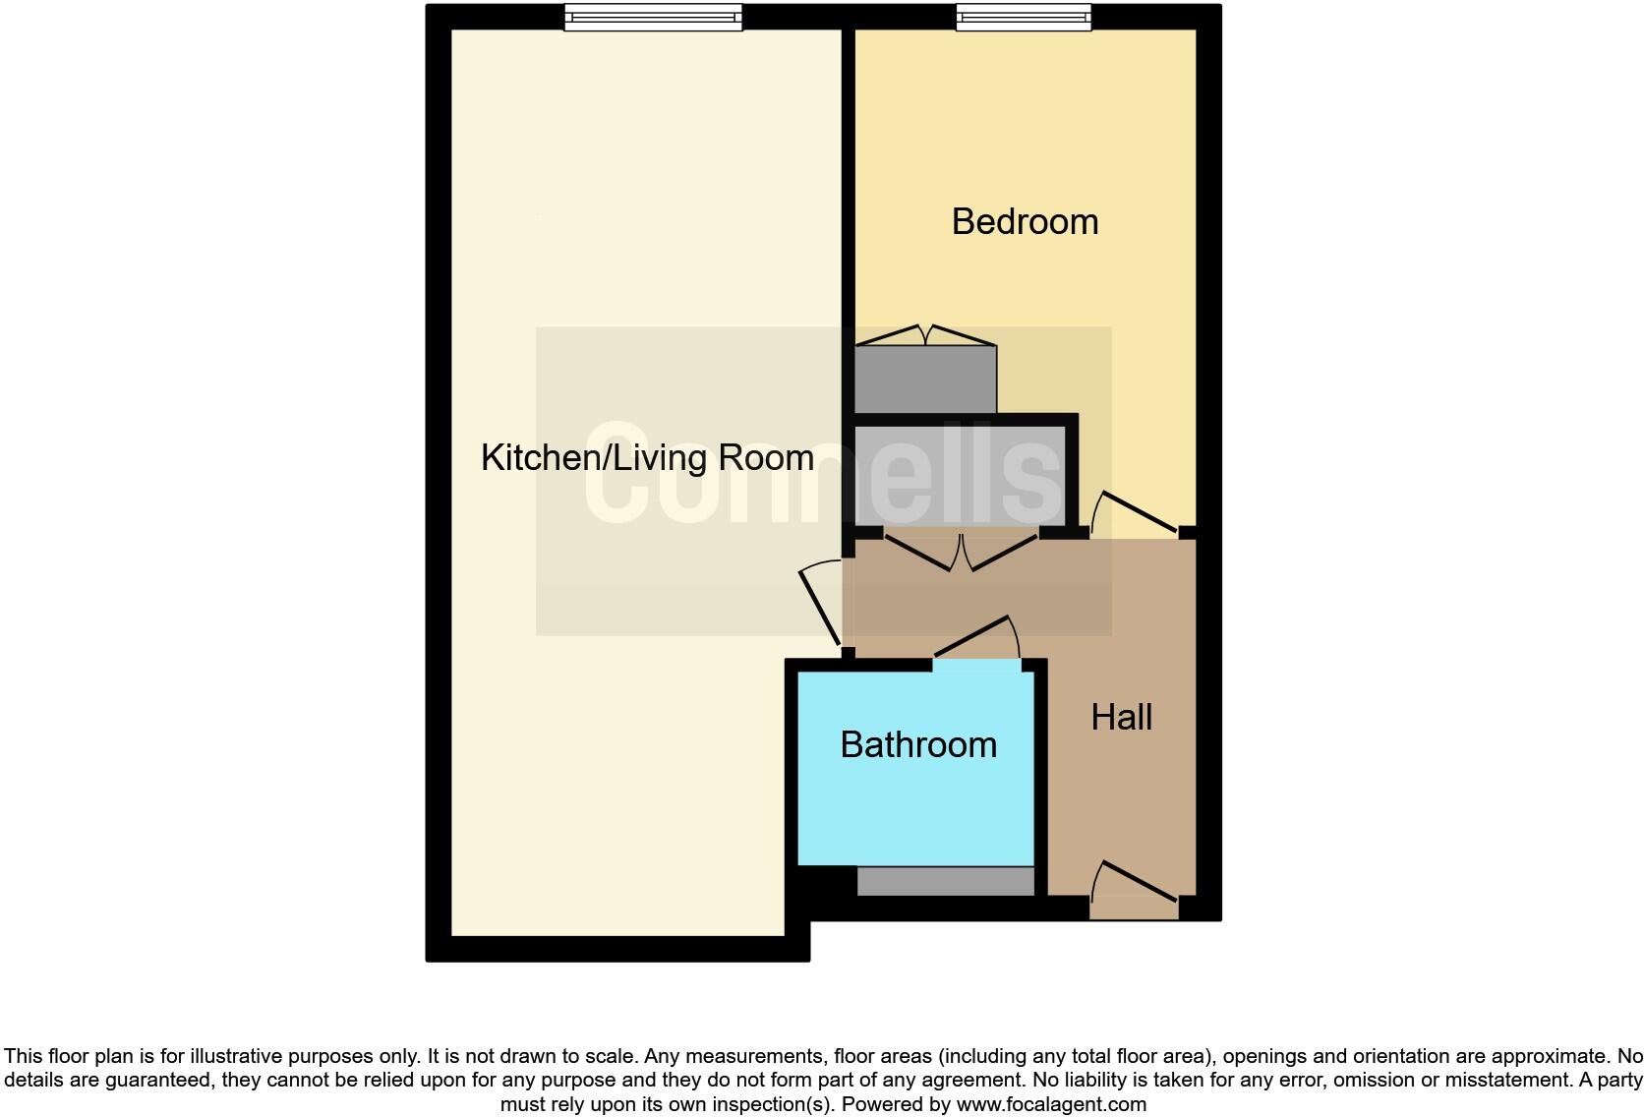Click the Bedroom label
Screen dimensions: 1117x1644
tap(1025, 221)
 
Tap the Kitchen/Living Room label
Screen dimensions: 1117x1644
tap(646, 457)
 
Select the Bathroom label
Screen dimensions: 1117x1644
tap(918, 744)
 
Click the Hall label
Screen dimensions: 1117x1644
tap(1121, 717)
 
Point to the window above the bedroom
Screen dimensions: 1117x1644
tap(1024, 18)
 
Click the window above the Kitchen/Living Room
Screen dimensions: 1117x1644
tap(653, 18)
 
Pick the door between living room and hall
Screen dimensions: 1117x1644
tap(820, 606)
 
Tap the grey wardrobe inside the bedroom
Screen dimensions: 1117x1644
tap(925, 380)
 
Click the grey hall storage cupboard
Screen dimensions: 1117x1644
tap(960, 474)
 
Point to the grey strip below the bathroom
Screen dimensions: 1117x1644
tap(945, 881)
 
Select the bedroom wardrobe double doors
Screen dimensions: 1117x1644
tap(925, 336)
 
